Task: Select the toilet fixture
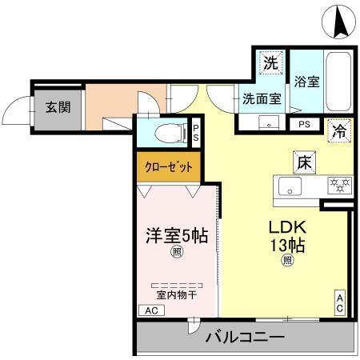[163, 132]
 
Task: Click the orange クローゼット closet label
[167, 167]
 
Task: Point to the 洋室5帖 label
[176, 236]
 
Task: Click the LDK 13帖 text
[287, 234]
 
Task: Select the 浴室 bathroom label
[306, 81]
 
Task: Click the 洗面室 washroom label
[262, 99]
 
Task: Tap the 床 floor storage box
[303, 161]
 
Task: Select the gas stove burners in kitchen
[339, 185]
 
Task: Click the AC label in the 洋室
[150, 310]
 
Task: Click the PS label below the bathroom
[304, 124]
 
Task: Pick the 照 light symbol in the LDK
[286, 260]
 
